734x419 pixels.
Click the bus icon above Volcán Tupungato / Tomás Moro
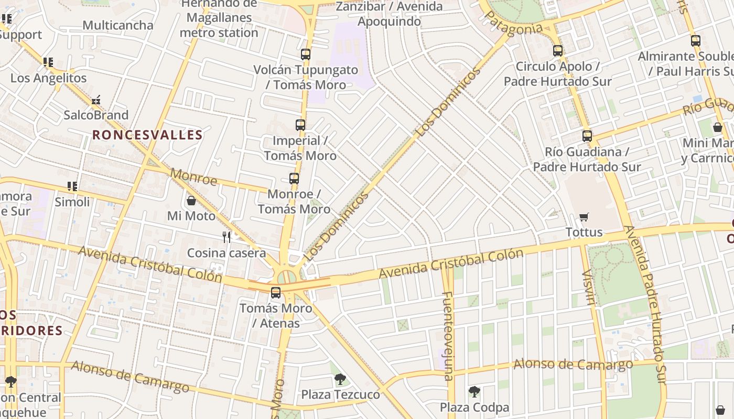click(306, 54)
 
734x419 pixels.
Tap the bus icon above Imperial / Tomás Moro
click(300, 125)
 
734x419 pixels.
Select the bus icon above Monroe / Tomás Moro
click(294, 178)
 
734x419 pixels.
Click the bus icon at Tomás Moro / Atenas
click(276, 292)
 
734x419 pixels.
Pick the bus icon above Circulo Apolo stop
click(558, 51)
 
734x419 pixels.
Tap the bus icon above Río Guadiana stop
click(587, 136)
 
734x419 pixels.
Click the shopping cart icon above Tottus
click(584, 217)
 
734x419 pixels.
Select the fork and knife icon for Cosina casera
click(226, 237)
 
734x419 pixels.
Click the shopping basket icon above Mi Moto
click(191, 201)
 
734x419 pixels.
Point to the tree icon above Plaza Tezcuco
click(340, 379)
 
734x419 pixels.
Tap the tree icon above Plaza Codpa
click(474, 392)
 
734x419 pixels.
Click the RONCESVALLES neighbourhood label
click(147, 135)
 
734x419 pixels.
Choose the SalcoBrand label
click(96, 115)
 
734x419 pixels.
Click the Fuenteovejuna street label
click(447, 336)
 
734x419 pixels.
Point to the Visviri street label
click(589, 286)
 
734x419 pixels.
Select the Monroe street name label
click(193, 177)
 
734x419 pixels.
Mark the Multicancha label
click(118, 25)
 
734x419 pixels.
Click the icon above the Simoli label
click(72, 186)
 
